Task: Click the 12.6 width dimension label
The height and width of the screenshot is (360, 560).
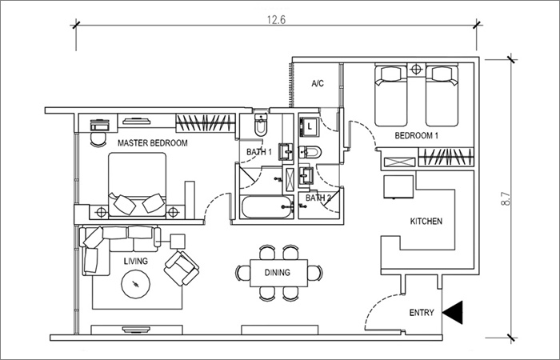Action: tap(277, 19)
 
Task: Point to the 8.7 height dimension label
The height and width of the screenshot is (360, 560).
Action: tap(506, 198)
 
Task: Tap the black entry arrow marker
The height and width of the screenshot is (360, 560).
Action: tap(453, 313)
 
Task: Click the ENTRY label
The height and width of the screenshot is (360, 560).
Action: tap(422, 313)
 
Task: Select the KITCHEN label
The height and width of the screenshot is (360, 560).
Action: tap(426, 222)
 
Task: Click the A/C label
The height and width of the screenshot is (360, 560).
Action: tap(318, 83)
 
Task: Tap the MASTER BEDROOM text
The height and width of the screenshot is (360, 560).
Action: tap(153, 143)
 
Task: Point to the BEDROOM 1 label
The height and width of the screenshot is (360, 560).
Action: tap(417, 136)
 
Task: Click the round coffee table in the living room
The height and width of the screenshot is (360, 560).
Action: tap(135, 284)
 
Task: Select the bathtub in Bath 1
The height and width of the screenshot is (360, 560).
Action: tap(267, 206)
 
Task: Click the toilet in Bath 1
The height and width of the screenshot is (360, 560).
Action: tap(261, 125)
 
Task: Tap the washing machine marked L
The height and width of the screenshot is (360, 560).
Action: tap(309, 126)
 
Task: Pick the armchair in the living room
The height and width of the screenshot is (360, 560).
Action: tap(182, 268)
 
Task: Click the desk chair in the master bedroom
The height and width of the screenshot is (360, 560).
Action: tap(98, 139)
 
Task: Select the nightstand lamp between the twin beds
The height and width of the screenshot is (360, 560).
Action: tap(417, 70)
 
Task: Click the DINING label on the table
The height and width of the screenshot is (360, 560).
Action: tap(277, 273)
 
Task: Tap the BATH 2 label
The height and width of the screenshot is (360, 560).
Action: tap(318, 198)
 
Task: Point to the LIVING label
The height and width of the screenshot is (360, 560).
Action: tap(136, 262)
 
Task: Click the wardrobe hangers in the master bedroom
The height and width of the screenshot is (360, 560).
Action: tap(206, 123)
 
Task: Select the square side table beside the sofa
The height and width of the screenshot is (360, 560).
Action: tap(178, 242)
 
